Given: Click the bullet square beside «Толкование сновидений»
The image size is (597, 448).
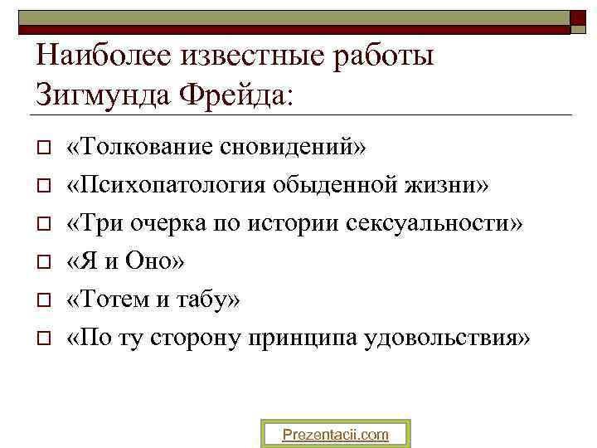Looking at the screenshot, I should click(x=43, y=149).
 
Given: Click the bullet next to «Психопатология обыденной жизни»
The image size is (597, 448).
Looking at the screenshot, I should click(x=43, y=187).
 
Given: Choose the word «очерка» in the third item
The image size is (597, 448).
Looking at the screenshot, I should click(x=172, y=224).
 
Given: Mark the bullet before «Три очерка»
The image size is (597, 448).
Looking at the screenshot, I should click(x=43, y=225).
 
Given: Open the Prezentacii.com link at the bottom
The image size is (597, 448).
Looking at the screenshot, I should click(x=335, y=434).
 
